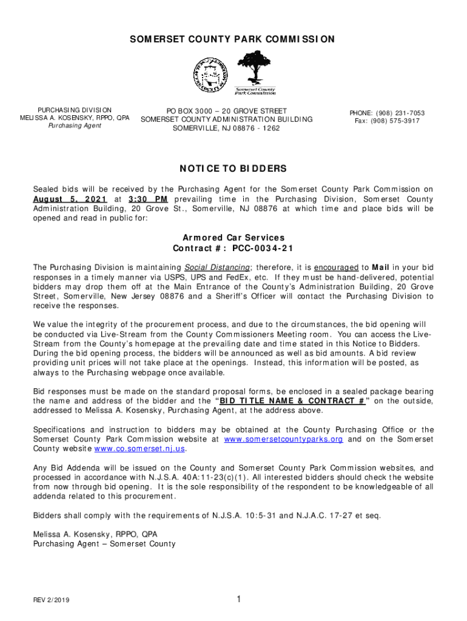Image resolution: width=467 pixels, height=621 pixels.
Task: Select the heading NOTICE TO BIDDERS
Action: (x=233, y=168)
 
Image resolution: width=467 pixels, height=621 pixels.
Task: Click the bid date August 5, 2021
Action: (x=70, y=200)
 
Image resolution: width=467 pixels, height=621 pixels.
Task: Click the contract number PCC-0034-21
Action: (x=261, y=249)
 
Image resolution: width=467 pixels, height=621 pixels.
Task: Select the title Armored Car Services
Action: (x=233, y=238)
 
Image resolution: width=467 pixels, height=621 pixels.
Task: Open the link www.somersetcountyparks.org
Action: (x=283, y=438)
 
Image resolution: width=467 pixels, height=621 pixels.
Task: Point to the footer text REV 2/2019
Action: (x=52, y=600)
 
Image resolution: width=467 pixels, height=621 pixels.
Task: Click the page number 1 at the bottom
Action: (x=239, y=600)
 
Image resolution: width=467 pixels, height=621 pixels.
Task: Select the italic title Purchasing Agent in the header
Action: (x=75, y=126)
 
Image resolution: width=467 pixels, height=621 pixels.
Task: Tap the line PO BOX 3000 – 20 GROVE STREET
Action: (x=226, y=111)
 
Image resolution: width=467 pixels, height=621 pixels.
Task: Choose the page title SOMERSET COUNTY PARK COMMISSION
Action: (x=233, y=39)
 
